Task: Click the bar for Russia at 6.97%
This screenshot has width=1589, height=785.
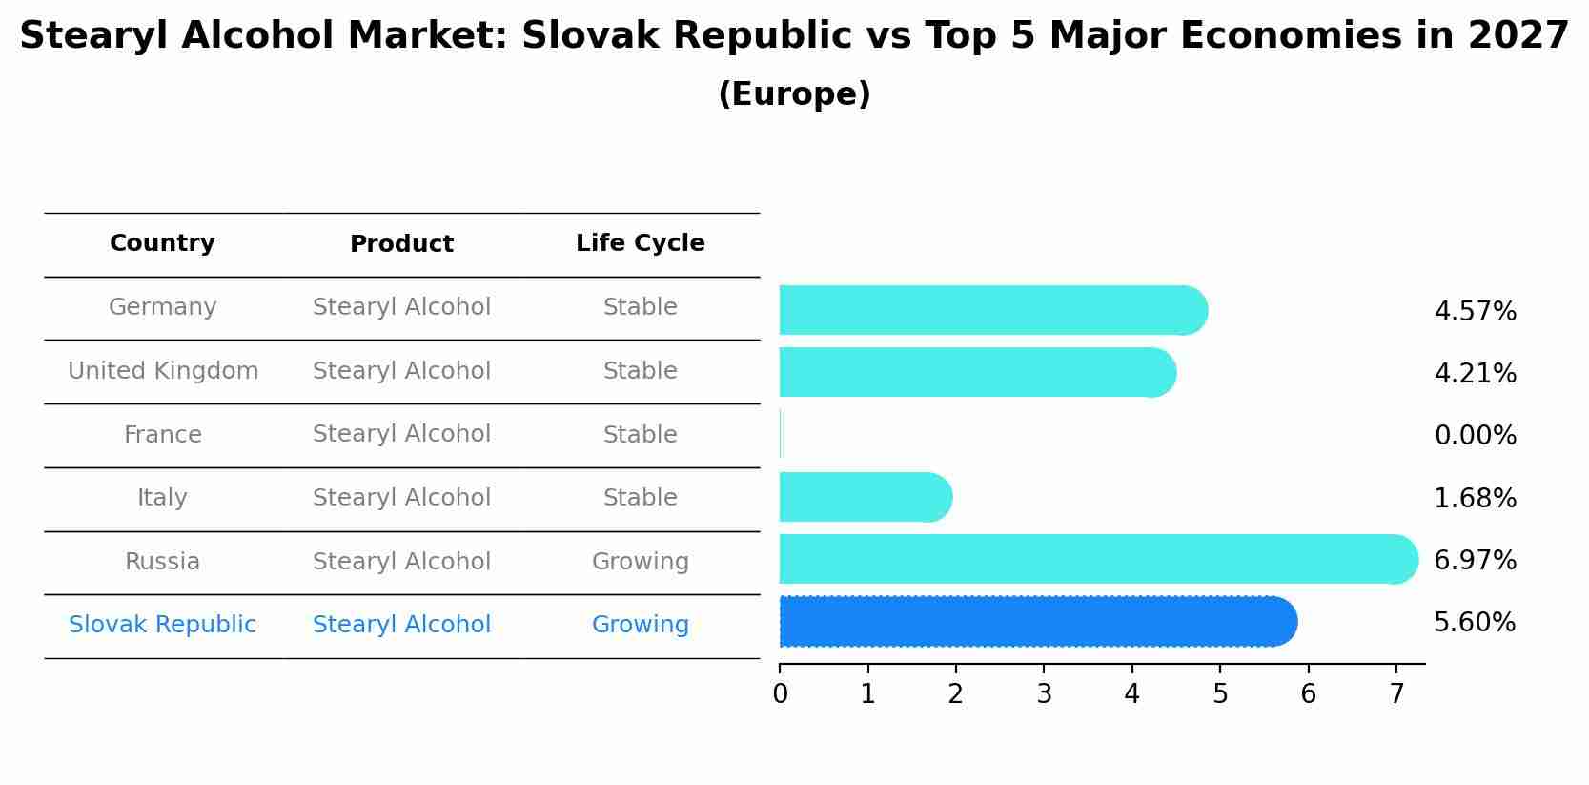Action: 1096,559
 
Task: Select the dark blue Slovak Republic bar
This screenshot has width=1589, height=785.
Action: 1037,622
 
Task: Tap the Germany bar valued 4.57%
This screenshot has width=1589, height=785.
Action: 991,310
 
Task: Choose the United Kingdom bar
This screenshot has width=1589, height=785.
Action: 976,372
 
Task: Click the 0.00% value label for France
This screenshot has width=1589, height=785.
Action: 1475,436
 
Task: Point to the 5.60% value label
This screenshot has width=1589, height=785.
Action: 1475,623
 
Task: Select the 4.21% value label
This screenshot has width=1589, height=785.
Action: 1475,373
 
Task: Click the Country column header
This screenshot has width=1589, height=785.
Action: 162,243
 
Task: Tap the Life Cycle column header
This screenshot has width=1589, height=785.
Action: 640,243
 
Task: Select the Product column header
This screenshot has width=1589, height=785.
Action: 401,244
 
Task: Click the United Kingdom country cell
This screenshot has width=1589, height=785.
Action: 163,371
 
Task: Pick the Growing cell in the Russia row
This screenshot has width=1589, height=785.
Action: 640,562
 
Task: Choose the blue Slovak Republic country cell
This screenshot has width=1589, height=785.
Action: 162,625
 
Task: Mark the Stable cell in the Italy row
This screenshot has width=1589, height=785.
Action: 640,498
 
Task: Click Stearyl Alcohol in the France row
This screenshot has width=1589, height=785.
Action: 401,434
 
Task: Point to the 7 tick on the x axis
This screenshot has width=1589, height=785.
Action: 1396,693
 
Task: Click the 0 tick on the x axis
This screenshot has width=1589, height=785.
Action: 780,693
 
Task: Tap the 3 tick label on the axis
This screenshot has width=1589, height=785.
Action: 1044,693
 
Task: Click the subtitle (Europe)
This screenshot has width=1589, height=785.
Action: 794,94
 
